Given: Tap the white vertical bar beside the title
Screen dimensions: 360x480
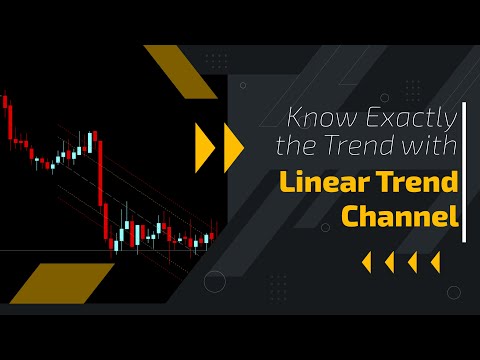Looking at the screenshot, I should [x=465, y=171].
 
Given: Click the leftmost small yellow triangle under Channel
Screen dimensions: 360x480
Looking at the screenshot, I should [x=366, y=262].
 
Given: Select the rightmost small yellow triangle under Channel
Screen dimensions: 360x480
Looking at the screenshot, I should [x=435, y=262].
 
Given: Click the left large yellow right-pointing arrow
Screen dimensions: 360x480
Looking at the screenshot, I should [x=205, y=146].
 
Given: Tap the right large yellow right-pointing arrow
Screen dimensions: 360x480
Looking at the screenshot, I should [x=233, y=146].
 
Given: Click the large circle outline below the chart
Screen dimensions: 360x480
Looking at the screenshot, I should [x=215, y=282].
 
